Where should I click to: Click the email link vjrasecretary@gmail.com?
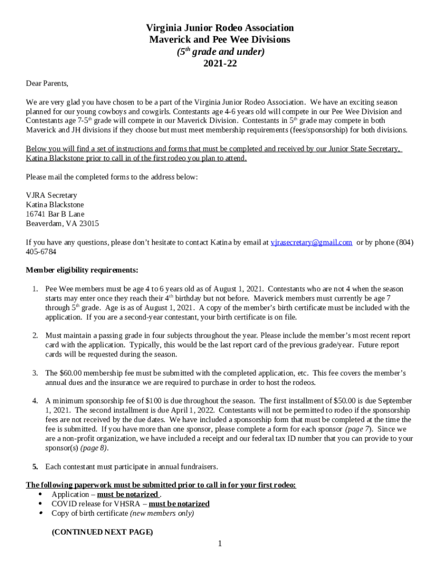point(311,242)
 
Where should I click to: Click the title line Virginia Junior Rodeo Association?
point(220,28)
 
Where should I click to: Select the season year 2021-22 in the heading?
point(220,63)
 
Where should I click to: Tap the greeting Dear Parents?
point(47,83)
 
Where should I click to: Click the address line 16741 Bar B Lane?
point(55,214)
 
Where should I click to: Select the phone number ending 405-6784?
point(41,252)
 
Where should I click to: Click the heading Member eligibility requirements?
point(82,270)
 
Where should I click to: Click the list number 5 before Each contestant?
point(35,467)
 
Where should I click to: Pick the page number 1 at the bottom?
point(219,543)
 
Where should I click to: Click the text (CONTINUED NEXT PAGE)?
point(102,532)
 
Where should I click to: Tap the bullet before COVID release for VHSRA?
point(40,504)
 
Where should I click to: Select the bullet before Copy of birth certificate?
point(40,513)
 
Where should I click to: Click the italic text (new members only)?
point(162,513)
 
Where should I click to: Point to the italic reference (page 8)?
point(95,448)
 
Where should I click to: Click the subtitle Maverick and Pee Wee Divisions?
point(220,39)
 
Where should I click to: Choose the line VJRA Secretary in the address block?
point(51,195)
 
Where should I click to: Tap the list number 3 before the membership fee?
point(35,373)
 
